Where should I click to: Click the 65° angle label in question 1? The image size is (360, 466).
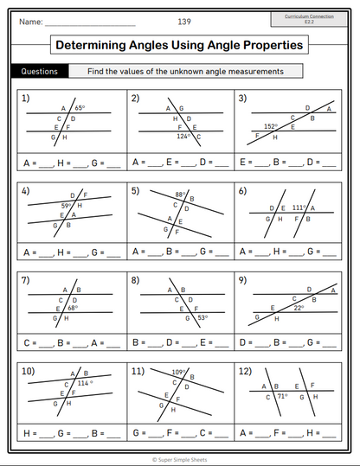point(80,108)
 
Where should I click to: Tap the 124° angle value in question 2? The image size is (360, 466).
point(183,136)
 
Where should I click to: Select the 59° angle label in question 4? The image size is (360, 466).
point(66,206)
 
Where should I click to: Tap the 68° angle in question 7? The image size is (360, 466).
point(73,307)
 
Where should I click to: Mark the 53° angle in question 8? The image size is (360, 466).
point(202,317)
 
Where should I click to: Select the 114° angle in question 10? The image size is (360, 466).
point(85,382)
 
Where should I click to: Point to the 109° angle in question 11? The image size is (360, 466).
point(179,373)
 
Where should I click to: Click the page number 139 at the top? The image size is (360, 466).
point(185,21)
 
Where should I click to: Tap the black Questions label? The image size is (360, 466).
point(39,72)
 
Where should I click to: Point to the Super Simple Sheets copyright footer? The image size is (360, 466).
point(180,460)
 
